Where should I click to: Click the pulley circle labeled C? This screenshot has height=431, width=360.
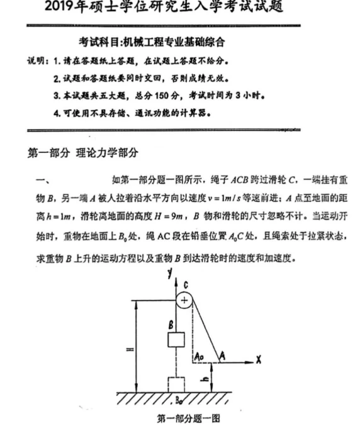tap(184, 301)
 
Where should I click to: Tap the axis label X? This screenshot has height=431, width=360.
tap(258, 359)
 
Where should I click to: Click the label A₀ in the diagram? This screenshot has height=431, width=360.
tap(199, 356)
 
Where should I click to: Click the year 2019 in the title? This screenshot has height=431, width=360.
tap(62, 8)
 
